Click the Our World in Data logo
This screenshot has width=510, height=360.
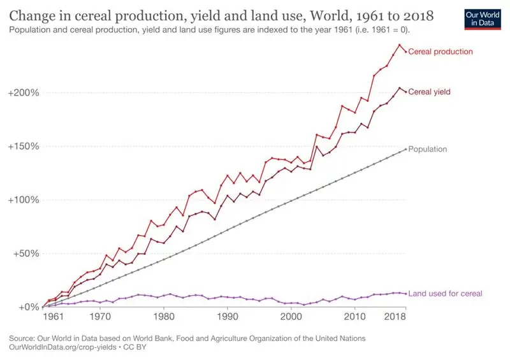[x=480, y=18]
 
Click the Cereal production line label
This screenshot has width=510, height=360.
[x=441, y=52]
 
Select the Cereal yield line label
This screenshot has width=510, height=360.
[x=429, y=92]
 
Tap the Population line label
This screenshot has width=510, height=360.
[x=428, y=149]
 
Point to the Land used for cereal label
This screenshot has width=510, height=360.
[x=445, y=294]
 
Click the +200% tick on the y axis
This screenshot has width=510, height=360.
[x=24, y=92]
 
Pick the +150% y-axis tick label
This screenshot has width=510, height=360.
[x=24, y=146]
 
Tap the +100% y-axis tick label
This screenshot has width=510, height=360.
[x=24, y=199]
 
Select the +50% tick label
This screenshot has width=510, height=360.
[x=26, y=253]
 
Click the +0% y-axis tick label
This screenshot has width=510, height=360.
[x=29, y=307]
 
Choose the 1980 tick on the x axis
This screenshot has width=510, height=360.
[x=164, y=316]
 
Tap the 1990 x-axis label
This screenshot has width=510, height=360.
[x=228, y=316]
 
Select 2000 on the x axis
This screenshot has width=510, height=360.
[x=291, y=316]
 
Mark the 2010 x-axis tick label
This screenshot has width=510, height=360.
[x=355, y=316]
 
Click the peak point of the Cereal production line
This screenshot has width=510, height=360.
[x=400, y=45]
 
